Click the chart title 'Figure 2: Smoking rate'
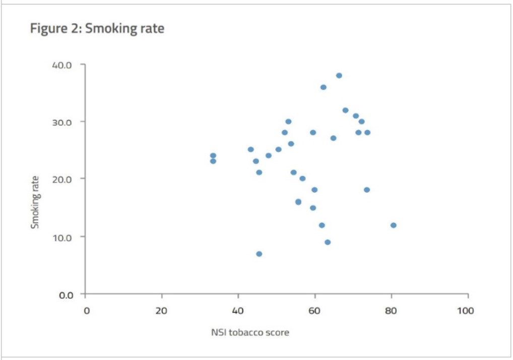97,29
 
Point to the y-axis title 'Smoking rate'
35,202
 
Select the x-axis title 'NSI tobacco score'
250,332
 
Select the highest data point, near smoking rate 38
339,76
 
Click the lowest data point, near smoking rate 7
259,254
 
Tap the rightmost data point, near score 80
394,225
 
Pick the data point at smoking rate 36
324,87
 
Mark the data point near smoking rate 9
328,242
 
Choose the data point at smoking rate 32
346,110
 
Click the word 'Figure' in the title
45,29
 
